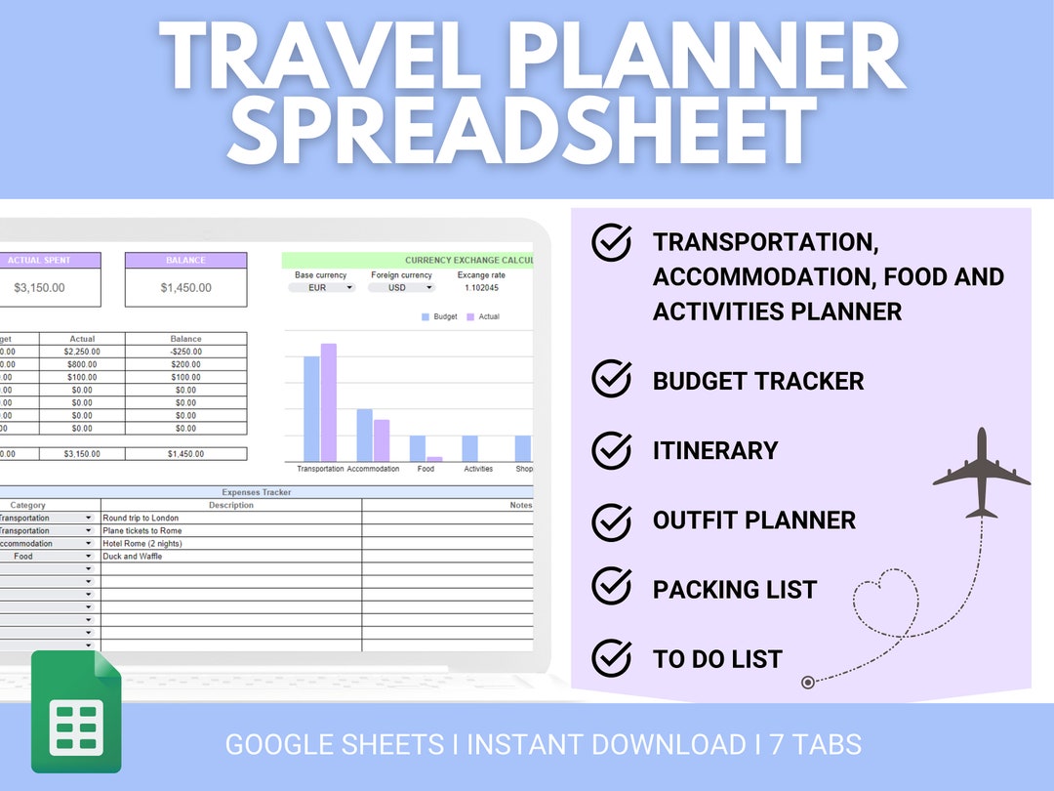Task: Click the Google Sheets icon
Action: pos(76,710)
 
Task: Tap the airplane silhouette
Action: pos(982,474)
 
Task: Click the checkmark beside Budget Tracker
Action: pos(612,380)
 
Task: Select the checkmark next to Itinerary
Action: pos(612,450)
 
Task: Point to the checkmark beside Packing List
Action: pos(612,589)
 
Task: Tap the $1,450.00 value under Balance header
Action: pos(185,288)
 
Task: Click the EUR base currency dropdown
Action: pos(322,288)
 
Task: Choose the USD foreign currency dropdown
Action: pos(401,288)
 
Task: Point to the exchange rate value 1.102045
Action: pos(481,288)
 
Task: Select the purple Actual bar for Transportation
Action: pos(329,402)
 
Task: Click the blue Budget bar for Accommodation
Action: pos(364,435)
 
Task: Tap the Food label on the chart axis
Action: pos(426,469)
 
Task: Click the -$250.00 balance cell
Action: pos(185,353)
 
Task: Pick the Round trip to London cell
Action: pos(231,519)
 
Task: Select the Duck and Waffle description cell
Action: pos(231,557)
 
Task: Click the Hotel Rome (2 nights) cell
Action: pos(231,544)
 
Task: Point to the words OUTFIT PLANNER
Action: pos(754,520)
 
